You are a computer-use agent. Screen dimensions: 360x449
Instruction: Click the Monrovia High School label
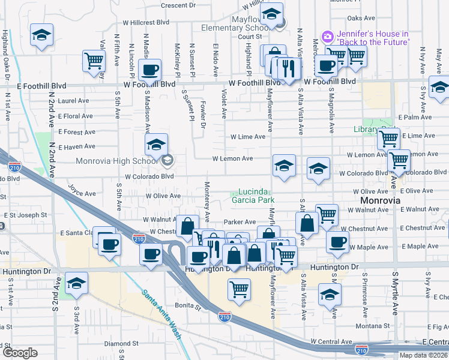click(x=116, y=161)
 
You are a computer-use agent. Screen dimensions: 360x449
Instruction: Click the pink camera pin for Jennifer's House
click(x=327, y=37)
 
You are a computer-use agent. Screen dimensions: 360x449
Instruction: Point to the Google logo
click(x=20, y=353)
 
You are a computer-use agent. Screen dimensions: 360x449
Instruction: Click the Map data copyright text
click(x=424, y=355)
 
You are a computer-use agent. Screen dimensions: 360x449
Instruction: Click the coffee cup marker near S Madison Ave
click(x=149, y=70)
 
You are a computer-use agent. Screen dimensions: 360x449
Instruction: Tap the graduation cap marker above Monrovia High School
click(x=156, y=144)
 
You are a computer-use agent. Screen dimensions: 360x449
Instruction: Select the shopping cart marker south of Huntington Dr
click(x=239, y=290)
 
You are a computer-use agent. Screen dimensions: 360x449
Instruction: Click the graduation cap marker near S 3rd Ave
click(x=76, y=283)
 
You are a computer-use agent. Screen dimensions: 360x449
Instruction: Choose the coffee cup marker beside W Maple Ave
click(x=337, y=242)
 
